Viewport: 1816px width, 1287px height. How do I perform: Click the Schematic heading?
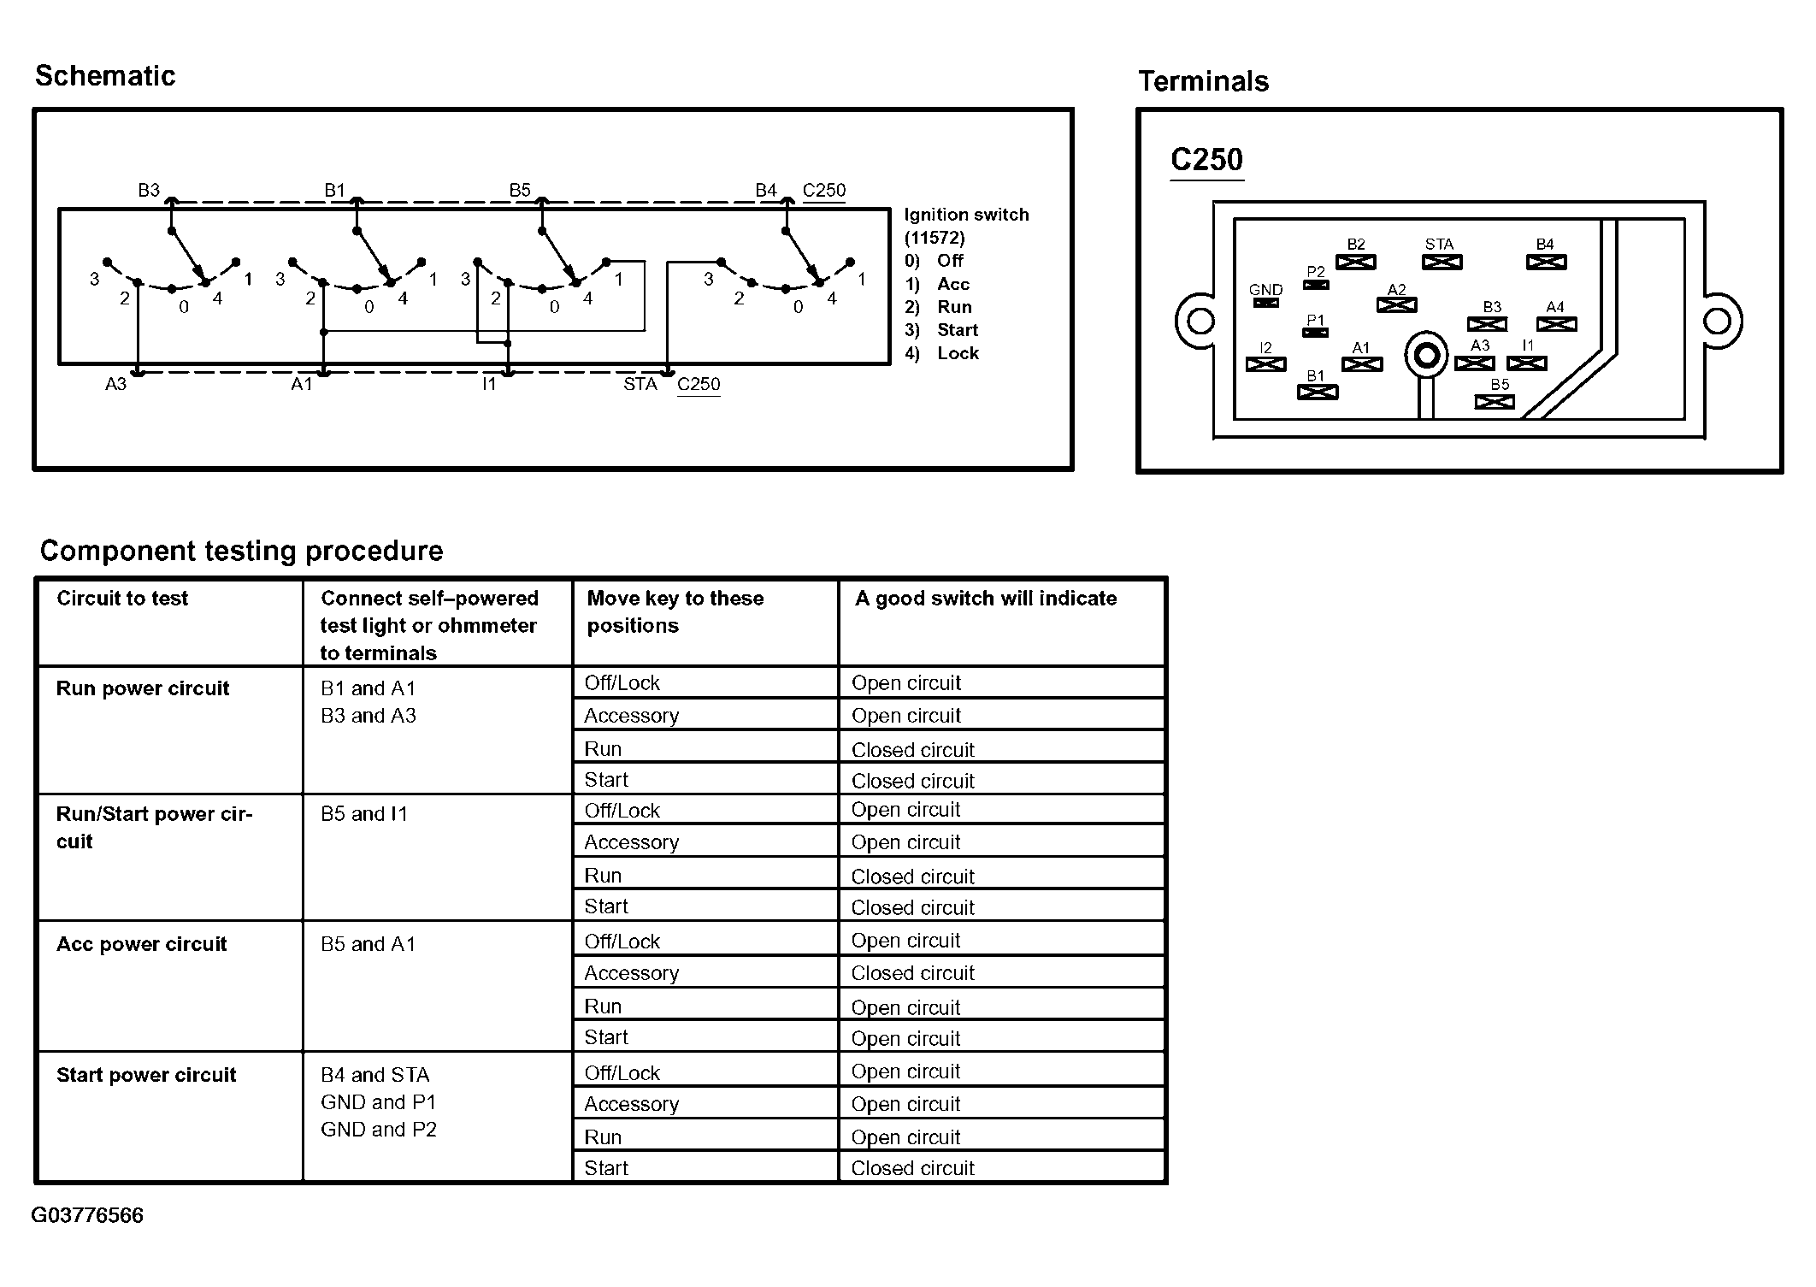coord(105,76)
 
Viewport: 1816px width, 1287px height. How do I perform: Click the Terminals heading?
coord(1203,81)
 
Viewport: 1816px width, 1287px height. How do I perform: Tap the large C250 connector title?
coord(1206,160)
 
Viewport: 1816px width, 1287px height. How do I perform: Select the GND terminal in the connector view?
coord(1265,303)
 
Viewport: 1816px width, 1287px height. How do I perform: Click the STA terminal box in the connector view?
coord(1442,262)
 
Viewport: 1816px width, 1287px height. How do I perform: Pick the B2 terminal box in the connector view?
coord(1356,262)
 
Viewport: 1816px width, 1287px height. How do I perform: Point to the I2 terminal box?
coord(1265,364)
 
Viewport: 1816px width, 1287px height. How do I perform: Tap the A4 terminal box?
coord(1556,324)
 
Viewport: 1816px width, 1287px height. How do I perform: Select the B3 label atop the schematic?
coord(149,190)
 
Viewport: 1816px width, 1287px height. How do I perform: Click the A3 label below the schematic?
coord(115,384)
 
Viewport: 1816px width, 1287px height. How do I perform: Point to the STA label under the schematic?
coord(640,384)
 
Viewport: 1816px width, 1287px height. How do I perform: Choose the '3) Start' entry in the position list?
coord(941,330)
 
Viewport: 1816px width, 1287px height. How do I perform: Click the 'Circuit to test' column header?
coord(122,598)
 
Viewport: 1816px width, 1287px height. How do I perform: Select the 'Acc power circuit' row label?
coord(142,944)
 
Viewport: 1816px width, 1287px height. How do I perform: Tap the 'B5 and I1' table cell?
coord(364,814)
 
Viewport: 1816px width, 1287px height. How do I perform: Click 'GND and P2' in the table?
coord(379,1130)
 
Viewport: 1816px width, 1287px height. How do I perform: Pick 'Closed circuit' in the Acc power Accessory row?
coord(913,973)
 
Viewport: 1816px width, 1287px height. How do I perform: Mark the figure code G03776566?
coord(87,1215)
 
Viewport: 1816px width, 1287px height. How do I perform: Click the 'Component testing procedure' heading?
coord(242,551)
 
